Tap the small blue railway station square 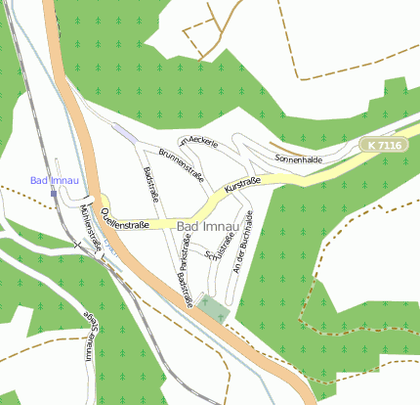[x=54, y=193]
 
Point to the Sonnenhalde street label [x=298, y=158]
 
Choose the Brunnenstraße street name [x=180, y=164]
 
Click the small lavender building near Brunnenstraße [x=124, y=130]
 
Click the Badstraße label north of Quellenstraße [x=151, y=184]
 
